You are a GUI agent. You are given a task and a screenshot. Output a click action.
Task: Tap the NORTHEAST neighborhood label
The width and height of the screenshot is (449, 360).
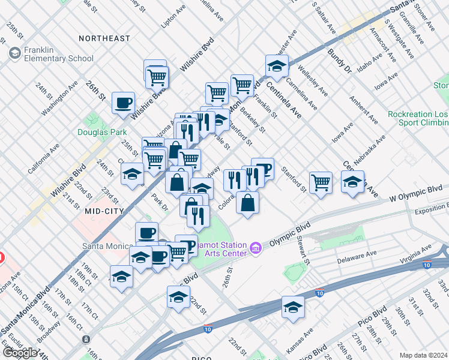click(104, 38)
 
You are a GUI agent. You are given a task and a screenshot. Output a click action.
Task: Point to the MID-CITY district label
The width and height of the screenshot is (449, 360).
click(104, 211)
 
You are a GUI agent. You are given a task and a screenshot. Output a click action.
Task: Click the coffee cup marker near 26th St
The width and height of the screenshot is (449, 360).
click(123, 103)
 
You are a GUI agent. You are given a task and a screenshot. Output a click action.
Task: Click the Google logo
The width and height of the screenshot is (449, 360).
click(20, 352)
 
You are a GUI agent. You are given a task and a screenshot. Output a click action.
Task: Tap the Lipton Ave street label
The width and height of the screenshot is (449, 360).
click(175, 18)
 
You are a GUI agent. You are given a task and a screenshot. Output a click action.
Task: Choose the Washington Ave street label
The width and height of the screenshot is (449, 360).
click(59, 98)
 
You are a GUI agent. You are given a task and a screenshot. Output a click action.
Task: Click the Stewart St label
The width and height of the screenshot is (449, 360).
click(303, 250)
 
